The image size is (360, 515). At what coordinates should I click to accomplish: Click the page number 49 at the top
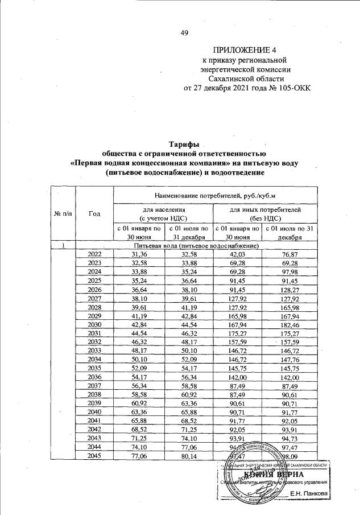pos(184,32)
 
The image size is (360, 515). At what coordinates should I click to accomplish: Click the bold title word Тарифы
pos(183,145)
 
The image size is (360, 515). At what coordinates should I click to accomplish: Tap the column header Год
pos(94,213)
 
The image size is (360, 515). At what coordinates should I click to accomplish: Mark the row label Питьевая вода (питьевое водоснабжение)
pos(188,245)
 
